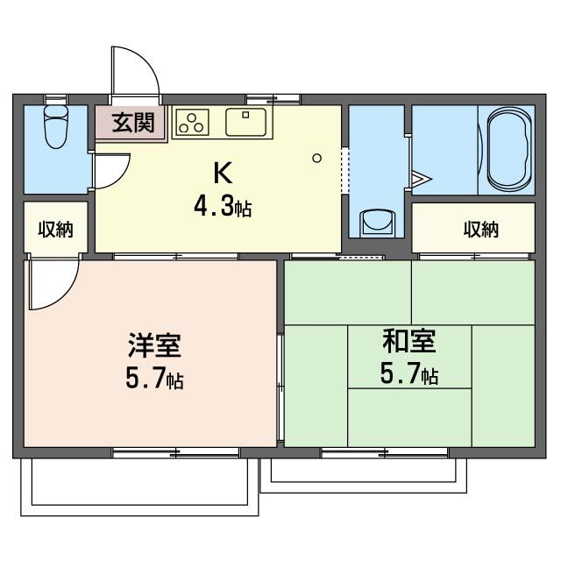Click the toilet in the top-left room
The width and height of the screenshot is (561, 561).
click(56, 126)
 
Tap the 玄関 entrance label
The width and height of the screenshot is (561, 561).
click(133, 123)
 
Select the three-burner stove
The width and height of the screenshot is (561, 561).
click(190, 123)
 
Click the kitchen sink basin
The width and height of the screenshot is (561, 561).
click(245, 122)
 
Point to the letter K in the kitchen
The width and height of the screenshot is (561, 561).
click(223, 174)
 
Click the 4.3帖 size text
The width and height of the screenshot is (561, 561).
click(223, 207)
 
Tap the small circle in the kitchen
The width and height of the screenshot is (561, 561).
click(317, 158)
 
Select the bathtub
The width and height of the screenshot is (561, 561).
click(508, 150)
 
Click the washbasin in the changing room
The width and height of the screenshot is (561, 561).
click(378, 223)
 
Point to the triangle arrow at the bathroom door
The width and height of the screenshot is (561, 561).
click(421, 179)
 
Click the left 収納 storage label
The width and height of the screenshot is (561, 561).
click(56, 230)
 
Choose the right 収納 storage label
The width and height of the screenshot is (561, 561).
click(481, 230)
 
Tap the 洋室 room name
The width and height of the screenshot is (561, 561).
click(154, 345)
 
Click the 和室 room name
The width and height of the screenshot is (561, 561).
click(409, 341)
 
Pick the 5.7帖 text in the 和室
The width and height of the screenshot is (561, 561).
click(409, 374)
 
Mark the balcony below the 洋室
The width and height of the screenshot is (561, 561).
click(139, 486)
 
